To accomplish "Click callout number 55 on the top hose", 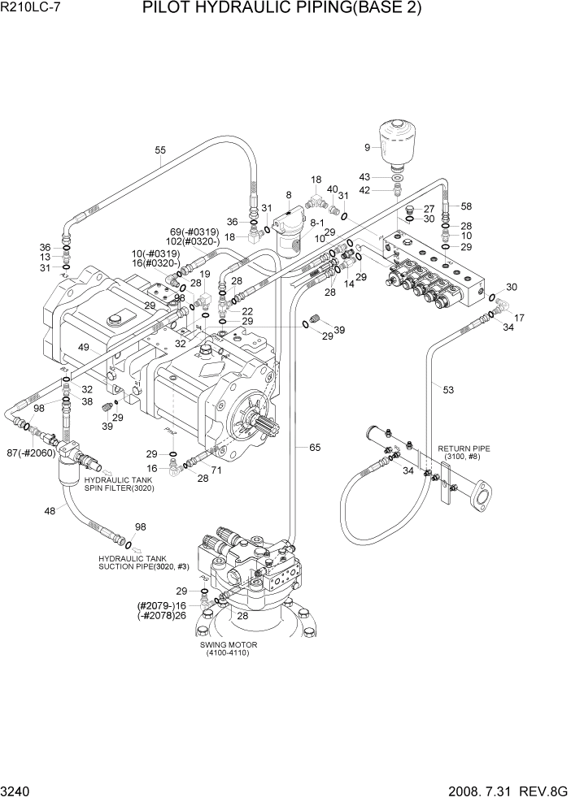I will pyautogui.click(x=160, y=149).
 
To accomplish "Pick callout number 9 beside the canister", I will pyautogui.click(x=367, y=147).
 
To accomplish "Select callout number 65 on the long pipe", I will pyautogui.click(x=314, y=448).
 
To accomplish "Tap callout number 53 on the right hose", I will pyautogui.click(x=447, y=388).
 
